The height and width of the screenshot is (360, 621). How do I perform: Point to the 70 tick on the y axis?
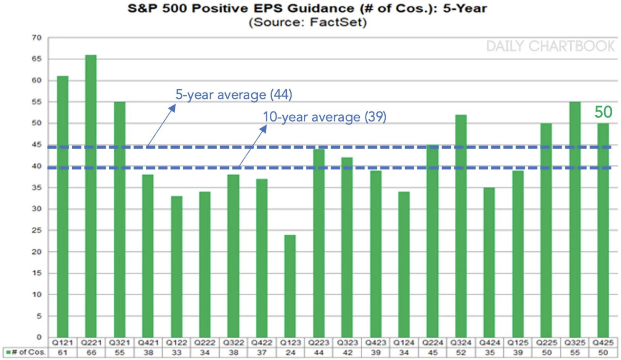point(37,38)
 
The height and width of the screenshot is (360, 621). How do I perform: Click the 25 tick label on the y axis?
point(37,230)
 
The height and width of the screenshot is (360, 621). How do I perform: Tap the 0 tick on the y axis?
point(39,337)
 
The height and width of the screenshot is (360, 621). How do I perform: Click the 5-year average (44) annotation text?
point(234,95)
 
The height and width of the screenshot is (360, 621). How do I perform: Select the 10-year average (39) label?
point(324,117)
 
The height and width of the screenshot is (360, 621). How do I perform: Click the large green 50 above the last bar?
point(603,112)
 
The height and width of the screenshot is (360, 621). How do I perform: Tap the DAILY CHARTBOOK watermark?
point(550,46)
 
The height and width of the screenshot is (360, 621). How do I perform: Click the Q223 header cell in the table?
point(319,343)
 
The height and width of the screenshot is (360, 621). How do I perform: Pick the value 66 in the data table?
point(91,352)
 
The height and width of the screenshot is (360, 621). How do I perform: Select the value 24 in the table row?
point(290,352)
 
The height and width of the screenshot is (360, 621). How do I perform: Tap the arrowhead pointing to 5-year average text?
point(173,107)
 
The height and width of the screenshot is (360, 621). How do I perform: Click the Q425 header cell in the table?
point(603,343)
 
